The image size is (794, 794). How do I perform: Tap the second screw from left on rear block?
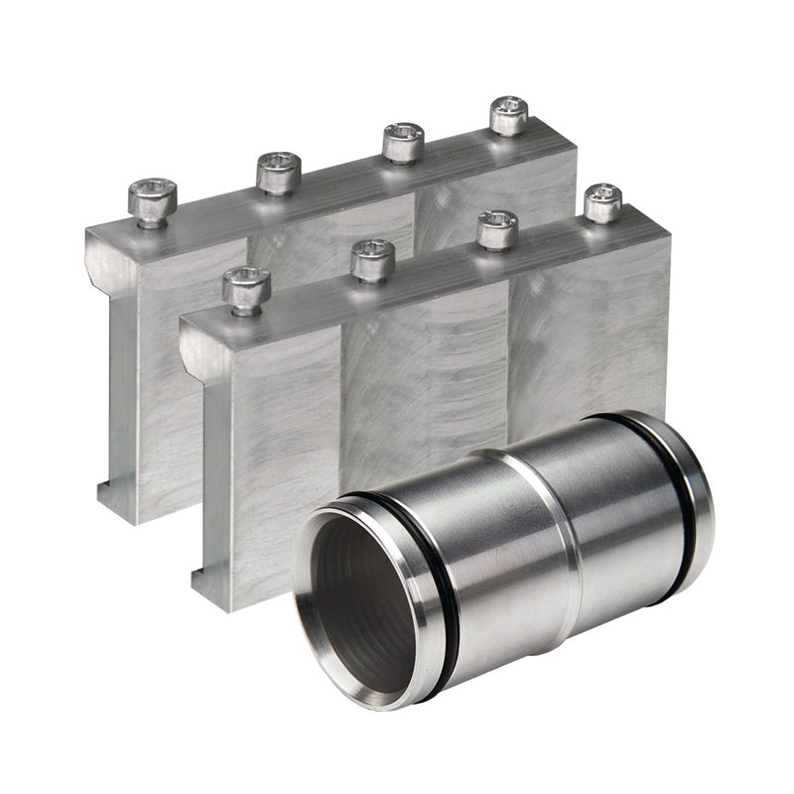coord(279,172)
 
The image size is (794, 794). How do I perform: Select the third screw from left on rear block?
coord(403,142)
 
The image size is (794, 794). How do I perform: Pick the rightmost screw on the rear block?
coord(509,115)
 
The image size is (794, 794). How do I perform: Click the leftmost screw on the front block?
coord(246,289)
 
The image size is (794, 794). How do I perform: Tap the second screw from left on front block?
coord(373,259)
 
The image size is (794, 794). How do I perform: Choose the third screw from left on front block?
coord(496,229)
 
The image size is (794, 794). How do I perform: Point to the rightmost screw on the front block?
coord(602,202)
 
